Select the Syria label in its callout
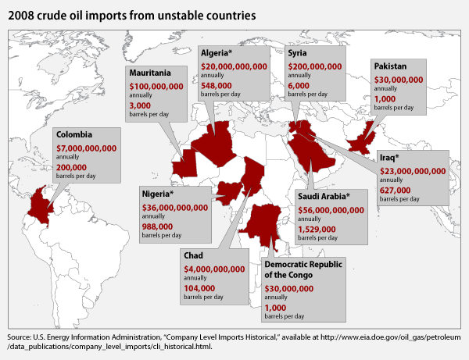tap(298, 53)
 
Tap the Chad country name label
tap(194, 255)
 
